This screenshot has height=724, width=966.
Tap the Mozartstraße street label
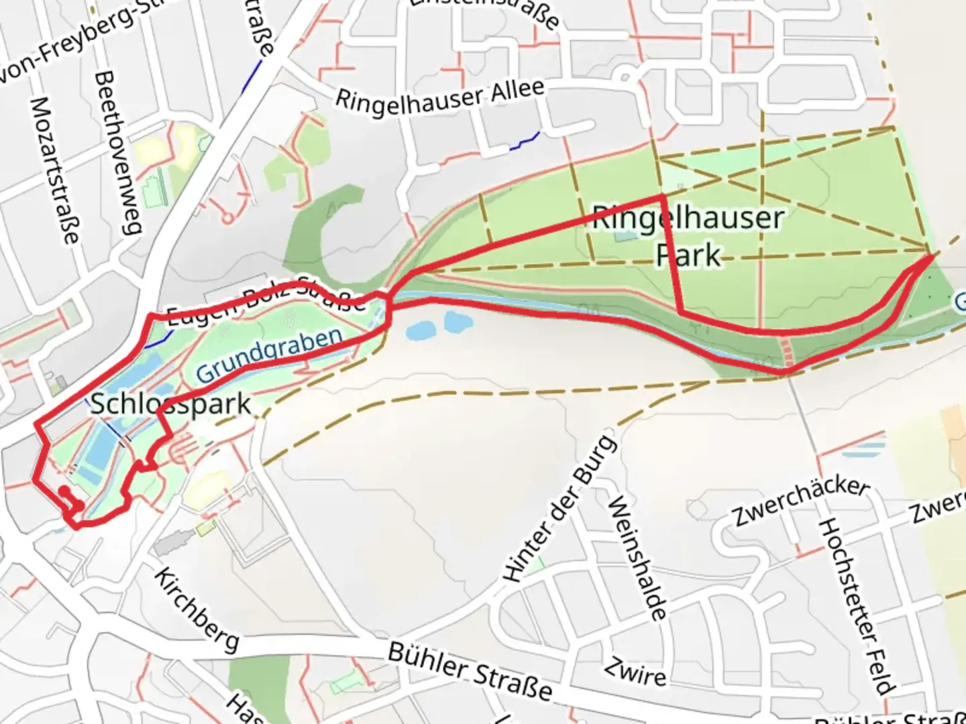54,170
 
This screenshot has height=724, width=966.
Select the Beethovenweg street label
118,154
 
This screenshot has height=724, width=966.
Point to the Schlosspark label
170,404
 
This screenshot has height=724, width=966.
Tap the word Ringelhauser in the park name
688,218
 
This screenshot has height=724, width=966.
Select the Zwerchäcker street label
801,502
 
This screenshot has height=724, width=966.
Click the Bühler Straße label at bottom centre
470,671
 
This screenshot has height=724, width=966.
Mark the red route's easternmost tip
932,255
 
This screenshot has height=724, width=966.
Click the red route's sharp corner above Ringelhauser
663,196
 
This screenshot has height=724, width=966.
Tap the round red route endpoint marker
64,491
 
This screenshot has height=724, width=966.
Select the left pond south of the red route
420,330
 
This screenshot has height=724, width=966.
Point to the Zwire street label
635,671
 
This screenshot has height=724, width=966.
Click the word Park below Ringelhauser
688,255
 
